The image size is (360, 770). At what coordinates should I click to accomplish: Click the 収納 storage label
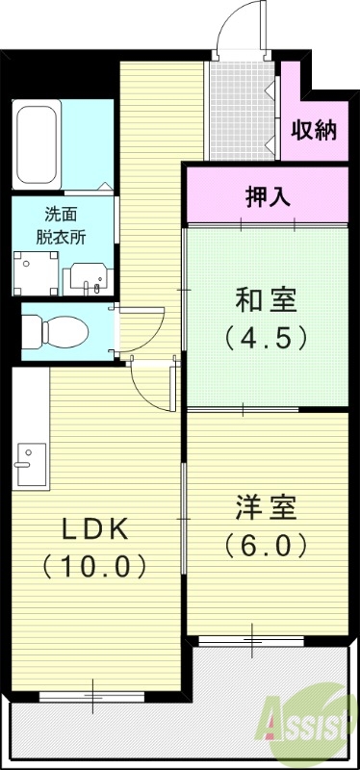tap(315, 129)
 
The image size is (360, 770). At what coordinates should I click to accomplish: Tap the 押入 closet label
tap(266, 195)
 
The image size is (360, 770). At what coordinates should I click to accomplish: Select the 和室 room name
tap(266, 301)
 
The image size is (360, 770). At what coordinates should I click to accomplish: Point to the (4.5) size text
tap(266, 338)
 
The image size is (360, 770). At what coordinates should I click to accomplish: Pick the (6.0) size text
tap(266, 545)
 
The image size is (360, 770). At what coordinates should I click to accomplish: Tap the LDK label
tap(95, 528)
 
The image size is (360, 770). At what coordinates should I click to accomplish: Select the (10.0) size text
tap(95, 565)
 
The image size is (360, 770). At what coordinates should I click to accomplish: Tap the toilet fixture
tap(54, 332)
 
